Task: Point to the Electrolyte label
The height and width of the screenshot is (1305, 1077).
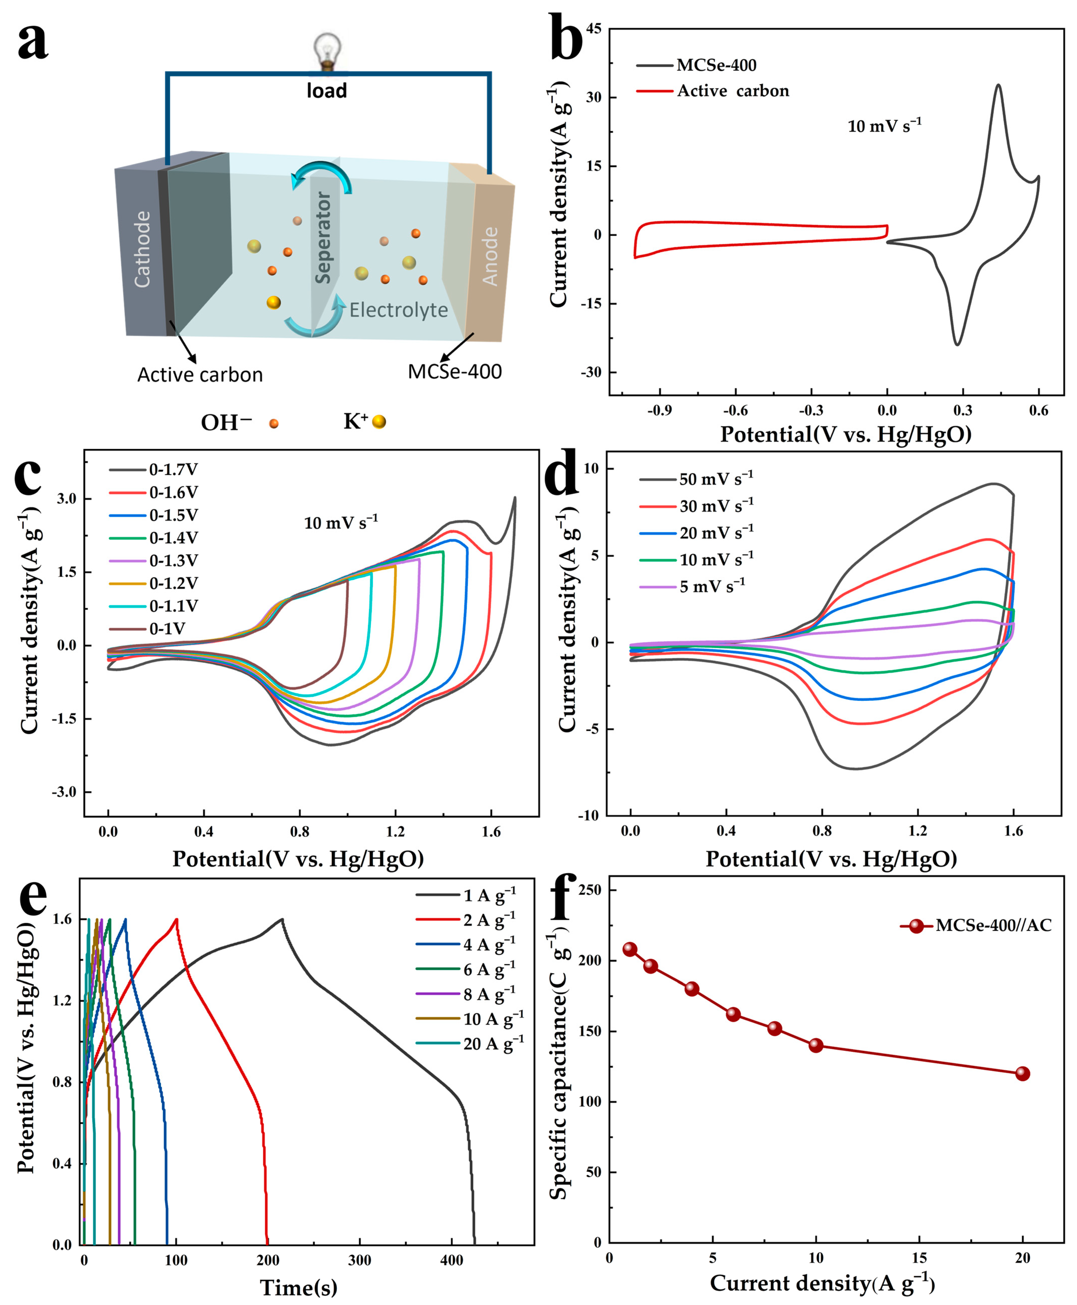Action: [x=398, y=310]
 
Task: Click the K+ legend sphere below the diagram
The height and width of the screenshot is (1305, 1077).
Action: [x=379, y=422]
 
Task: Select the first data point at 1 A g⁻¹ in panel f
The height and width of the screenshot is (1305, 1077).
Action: [x=630, y=949]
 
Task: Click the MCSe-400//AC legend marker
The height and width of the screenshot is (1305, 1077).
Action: [x=916, y=926]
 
